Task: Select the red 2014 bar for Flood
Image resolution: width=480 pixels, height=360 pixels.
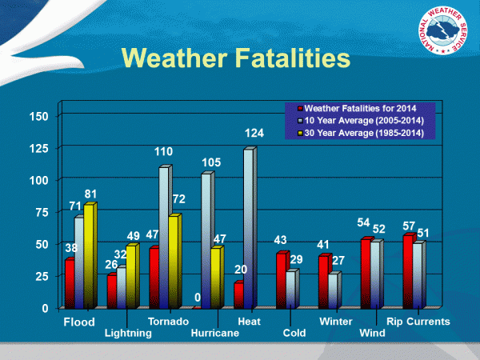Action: [70, 284]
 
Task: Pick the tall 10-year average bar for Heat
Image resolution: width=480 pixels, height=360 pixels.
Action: [248, 229]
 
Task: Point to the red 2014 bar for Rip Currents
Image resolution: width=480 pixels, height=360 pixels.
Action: [408, 272]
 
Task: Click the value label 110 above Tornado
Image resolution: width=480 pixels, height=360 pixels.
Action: [165, 150]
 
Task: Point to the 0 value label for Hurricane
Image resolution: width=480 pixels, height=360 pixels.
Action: [198, 298]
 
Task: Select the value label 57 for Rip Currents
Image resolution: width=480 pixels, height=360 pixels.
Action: [410, 226]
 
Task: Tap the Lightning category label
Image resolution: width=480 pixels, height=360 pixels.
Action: [128, 334]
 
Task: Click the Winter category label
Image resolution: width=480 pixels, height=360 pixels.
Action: [335, 322]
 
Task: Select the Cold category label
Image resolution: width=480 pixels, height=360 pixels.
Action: [294, 334]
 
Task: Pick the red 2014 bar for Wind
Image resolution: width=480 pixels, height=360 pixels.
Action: [366, 274]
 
